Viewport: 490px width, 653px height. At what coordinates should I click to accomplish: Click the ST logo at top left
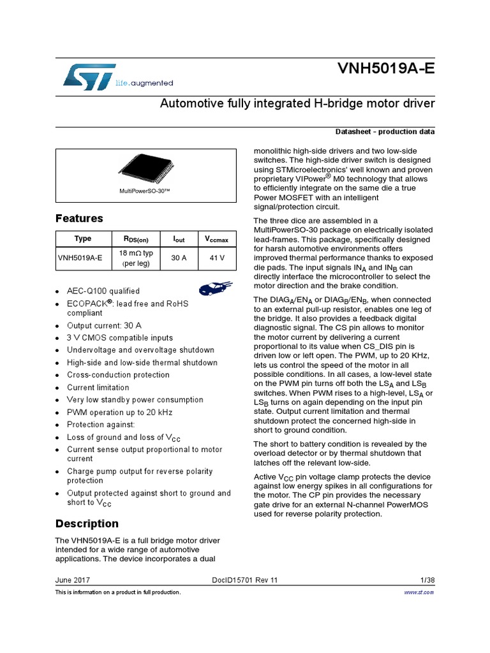[89, 76]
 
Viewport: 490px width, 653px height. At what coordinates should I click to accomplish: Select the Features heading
[79, 219]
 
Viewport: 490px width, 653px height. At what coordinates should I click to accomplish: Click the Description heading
[87, 524]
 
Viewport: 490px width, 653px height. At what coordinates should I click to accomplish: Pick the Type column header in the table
[83, 239]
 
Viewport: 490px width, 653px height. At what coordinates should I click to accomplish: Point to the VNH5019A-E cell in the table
[80, 258]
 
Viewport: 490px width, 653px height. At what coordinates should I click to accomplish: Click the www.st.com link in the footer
[419, 592]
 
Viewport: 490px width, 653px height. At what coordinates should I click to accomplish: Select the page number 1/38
[427, 580]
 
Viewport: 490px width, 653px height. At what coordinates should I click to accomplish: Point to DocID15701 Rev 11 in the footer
[244, 580]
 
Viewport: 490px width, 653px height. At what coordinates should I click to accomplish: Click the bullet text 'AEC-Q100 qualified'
[103, 291]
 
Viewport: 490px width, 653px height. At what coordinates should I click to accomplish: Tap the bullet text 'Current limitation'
[98, 388]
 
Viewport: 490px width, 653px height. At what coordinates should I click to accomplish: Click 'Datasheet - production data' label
[385, 131]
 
